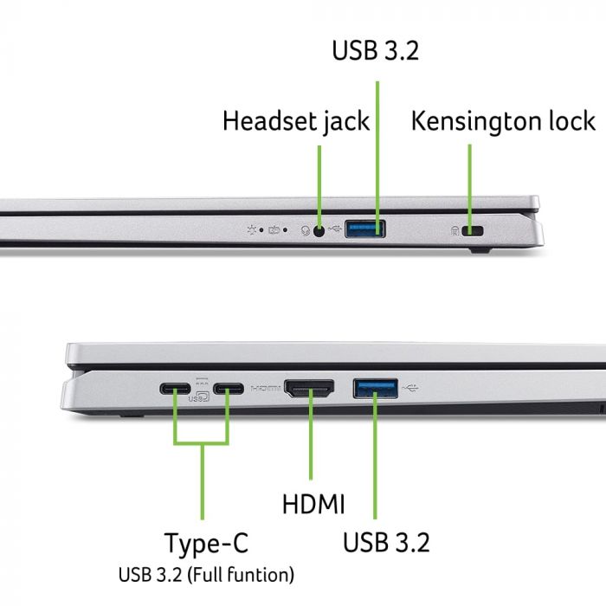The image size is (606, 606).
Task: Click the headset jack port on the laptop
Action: pyautogui.click(x=320, y=230)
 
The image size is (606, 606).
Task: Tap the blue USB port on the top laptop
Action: pyautogui.click(x=365, y=229)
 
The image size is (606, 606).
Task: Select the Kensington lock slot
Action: pyautogui.click(x=473, y=230)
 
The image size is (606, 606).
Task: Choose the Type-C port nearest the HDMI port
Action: pyautogui.click(x=229, y=388)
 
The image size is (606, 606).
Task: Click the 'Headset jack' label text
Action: pyautogui.click(x=295, y=121)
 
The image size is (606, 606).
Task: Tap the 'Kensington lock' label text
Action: pyautogui.click(x=503, y=121)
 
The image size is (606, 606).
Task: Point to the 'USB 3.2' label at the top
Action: pyautogui.click(x=376, y=50)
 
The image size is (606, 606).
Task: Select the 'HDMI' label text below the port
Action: pyautogui.click(x=313, y=504)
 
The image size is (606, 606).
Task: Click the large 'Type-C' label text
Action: pyautogui.click(x=206, y=544)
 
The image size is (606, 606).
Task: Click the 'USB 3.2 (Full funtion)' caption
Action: pyautogui.click(x=206, y=574)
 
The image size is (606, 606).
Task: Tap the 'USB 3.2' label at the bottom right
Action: pyautogui.click(x=386, y=544)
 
